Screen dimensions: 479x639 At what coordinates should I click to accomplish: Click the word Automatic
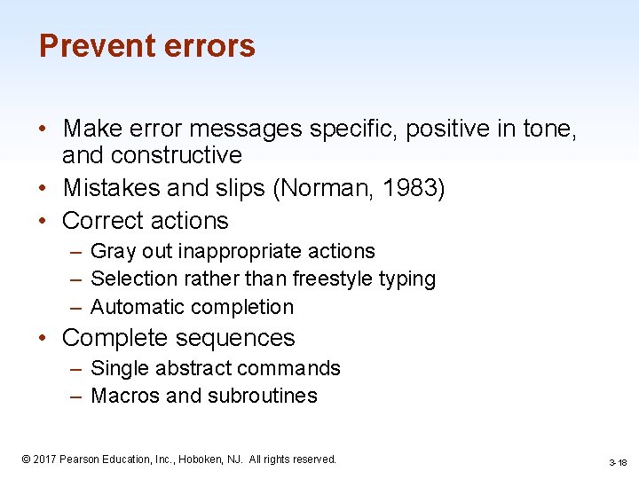coord(137,307)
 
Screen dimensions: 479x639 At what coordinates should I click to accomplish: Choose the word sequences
coord(238,338)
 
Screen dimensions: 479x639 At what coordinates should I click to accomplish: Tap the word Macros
coord(125,396)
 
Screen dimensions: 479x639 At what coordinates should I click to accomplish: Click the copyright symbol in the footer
coord(26,459)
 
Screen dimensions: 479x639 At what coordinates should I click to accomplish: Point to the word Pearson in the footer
coord(80,459)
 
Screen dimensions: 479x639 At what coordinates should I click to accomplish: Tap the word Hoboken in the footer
coord(201,459)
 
